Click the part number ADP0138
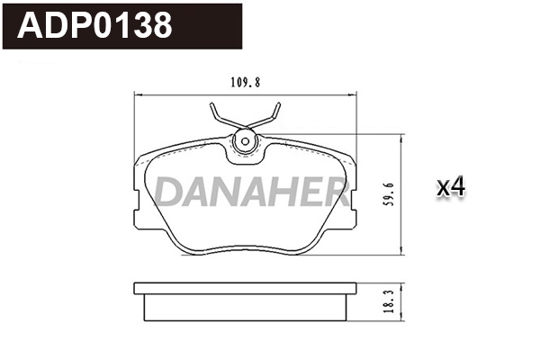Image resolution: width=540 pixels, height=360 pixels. pyautogui.click(x=94, y=26)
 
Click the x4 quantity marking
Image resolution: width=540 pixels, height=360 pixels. pyautogui.click(x=450, y=187)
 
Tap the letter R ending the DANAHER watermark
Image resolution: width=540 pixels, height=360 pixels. pyautogui.click(x=335, y=191)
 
